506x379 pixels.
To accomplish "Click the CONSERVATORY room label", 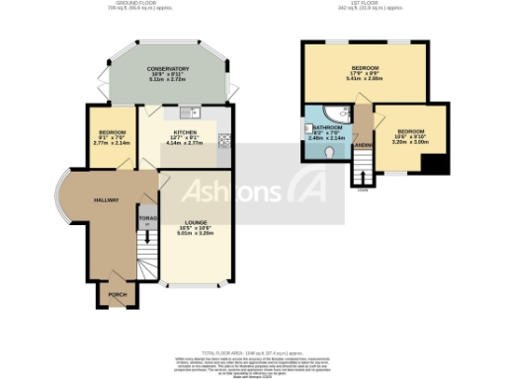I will pyautogui.click(x=168, y=68).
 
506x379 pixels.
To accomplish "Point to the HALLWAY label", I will pyautogui.click(x=107, y=199).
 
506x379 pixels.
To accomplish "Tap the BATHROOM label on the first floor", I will pyautogui.click(x=328, y=127).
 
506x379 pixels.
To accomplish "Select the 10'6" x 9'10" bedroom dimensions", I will pyautogui.click(x=411, y=138).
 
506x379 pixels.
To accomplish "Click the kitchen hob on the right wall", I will pyautogui.click(x=224, y=140).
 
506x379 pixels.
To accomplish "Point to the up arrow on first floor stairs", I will pyautogui.click(x=363, y=177).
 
